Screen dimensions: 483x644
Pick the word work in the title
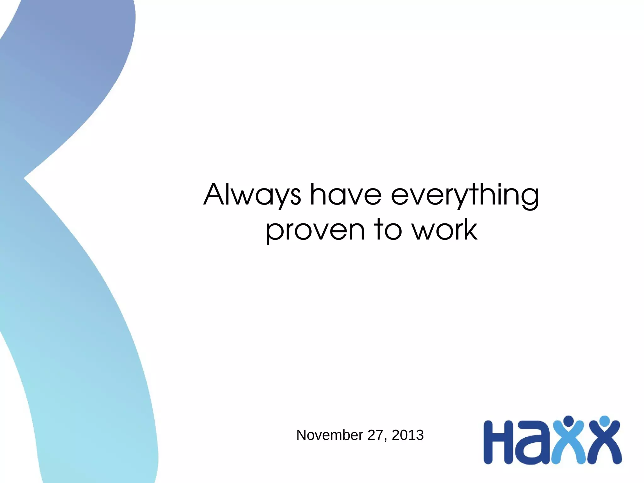[x=445, y=230]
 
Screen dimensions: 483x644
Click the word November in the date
[x=330, y=435]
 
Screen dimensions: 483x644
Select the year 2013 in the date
[x=408, y=435]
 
